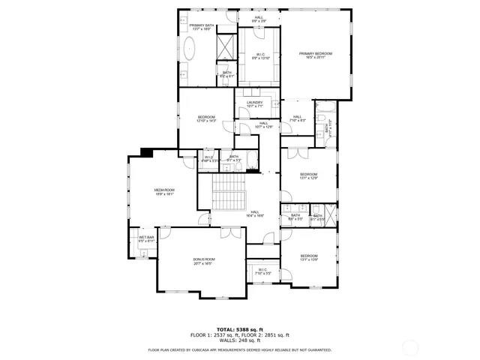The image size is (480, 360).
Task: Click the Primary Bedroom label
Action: (315, 55)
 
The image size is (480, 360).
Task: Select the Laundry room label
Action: (254, 104)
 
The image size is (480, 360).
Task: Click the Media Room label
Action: (164, 192)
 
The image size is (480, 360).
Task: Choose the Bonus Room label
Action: (204, 260)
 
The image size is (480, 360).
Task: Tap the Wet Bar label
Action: (146, 239)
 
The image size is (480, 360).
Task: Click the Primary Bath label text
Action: (202, 28)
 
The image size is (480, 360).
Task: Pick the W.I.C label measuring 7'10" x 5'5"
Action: (262, 271)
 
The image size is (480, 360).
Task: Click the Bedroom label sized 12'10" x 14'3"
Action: (206, 118)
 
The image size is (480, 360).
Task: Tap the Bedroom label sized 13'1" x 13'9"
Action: (309, 257)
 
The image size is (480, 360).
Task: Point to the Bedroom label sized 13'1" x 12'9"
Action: (309, 176)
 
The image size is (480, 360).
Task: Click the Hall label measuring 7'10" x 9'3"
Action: (297, 118)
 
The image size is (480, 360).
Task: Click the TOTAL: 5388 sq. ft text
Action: (240, 329)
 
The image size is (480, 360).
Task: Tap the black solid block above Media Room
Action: (147, 152)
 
